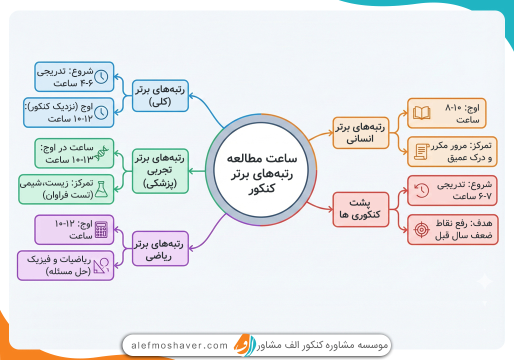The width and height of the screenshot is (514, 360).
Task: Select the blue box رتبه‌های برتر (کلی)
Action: tap(160, 95)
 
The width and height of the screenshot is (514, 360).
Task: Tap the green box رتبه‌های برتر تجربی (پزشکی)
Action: tap(160, 171)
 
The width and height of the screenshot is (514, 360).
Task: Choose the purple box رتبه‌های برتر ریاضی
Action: tap(160, 248)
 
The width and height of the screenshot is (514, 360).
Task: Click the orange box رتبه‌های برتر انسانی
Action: tap(361, 133)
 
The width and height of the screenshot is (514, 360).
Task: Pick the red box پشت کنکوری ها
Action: tap(361, 208)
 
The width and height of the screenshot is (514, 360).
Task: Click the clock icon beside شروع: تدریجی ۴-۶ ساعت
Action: tap(101, 76)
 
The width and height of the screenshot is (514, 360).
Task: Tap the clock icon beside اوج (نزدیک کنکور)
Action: tap(101, 112)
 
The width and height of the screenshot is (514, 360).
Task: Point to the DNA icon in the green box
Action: tap(101, 152)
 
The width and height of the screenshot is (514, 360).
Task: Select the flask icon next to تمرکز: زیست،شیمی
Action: tap(101, 189)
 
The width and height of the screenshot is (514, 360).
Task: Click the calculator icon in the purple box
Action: tap(101, 229)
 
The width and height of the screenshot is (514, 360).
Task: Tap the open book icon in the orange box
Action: tap(421, 113)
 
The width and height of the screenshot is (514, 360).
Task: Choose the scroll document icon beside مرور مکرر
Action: tap(421, 151)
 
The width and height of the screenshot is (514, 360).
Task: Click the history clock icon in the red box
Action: tap(421, 190)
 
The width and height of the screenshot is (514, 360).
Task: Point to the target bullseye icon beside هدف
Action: tap(421, 229)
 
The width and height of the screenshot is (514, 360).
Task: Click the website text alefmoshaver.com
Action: tap(179, 345)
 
